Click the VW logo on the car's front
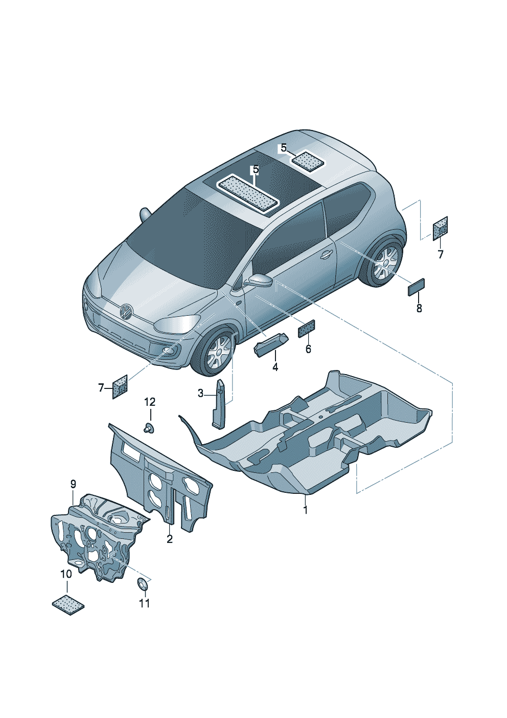pos(126,311)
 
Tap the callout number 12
pos(149,402)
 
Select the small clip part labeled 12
pos(149,428)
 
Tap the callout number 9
pos(73,484)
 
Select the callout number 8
pos(419,308)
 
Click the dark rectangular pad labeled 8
pos(416,287)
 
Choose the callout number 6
pos(308,349)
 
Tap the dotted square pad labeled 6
pos(306,329)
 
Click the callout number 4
pos(275,367)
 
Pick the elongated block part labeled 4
pos(271,344)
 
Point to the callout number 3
pos(200,393)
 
